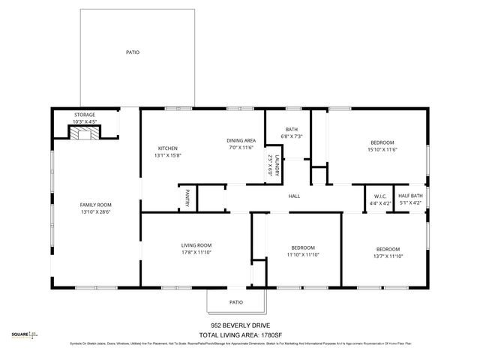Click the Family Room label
coord(95,205)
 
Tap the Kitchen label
coord(167,148)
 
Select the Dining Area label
coord(241,140)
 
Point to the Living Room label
coord(196,245)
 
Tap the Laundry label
coord(276,165)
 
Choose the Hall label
coord(295,196)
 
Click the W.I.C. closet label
coord(379,196)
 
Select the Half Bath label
coord(410,196)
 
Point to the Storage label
coord(84,115)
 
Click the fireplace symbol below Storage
coord(83,133)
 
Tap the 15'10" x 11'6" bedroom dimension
coord(382,151)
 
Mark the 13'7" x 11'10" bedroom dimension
coord(388,256)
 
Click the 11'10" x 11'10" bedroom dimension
coord(303,255)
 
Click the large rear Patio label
coord(132,52)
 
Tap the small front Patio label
coord(236,302)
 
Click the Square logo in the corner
coord(23,335)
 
